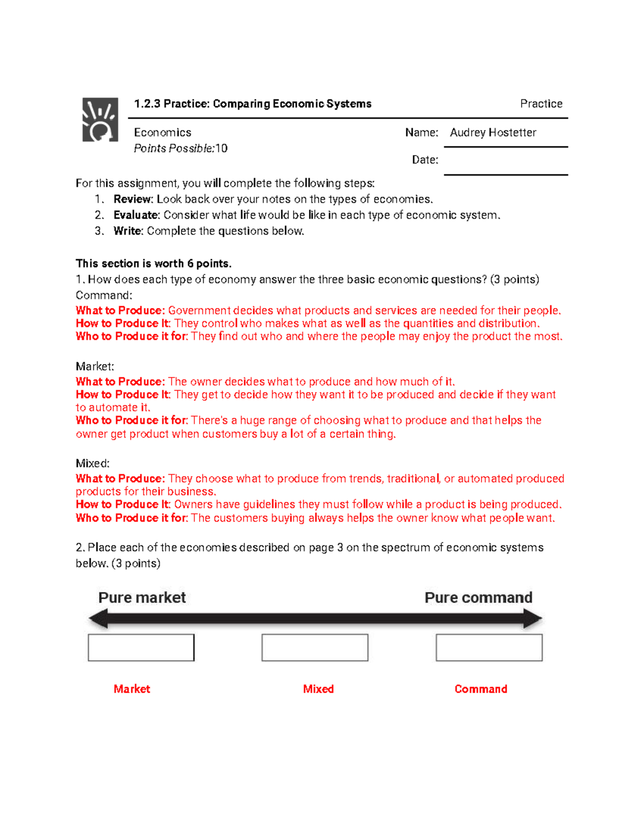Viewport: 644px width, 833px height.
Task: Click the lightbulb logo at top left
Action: tap(100, 120)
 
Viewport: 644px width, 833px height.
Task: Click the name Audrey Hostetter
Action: tap(493, 132)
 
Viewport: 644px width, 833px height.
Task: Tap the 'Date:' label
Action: tap(425, 160)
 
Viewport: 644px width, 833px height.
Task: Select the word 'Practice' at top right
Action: tap(541, 104)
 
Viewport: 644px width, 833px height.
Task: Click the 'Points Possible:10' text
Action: tap(180, 149)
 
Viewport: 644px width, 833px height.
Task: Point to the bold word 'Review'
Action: tap(133, 199)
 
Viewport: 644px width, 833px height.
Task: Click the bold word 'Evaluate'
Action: tap(136, 215)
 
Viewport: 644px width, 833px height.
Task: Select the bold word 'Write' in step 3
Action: tap(127, 231)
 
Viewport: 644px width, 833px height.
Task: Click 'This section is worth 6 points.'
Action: tap(153, 263)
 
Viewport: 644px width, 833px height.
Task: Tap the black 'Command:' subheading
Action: tap(104, 295)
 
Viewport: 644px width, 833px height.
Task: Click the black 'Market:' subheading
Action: tap(94, 366)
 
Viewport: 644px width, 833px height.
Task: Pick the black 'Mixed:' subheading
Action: tap(92, 463)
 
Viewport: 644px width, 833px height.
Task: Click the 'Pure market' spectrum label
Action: tap(142, 598)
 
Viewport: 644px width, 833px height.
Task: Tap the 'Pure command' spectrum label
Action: tap(478, 598)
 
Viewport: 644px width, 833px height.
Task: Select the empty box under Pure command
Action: tap(489, 647)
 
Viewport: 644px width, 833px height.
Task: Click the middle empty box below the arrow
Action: tap(314, 647)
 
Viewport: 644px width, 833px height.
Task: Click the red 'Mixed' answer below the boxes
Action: tap(318, 689)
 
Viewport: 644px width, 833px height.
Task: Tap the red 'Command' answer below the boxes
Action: tap(480, 689)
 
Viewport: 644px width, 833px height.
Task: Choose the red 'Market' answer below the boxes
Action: tap(131, 689)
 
